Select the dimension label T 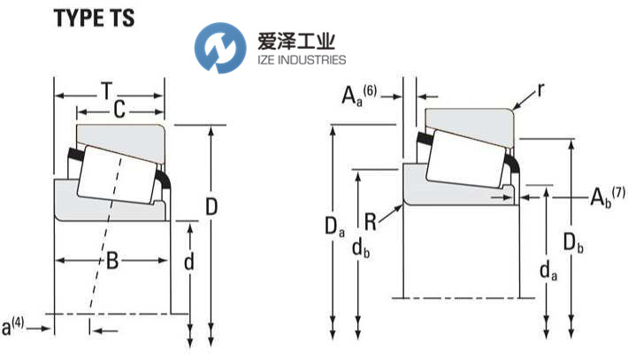106,90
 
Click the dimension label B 112,260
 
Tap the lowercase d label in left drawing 188,262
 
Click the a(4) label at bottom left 13,328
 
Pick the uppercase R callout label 371,221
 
